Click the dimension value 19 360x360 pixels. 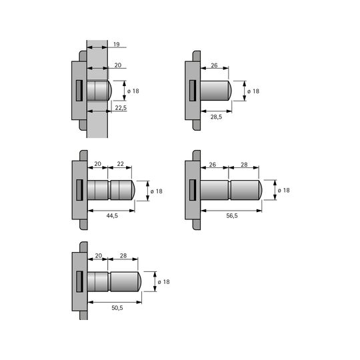click(x=117, y=44)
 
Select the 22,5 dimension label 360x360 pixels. click(x=121, y=108)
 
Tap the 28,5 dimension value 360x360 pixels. click(x=216, y=117)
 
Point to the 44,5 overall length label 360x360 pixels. click(x=112, y=215)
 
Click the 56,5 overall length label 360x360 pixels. click(x=232, y=215)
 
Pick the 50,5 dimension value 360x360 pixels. click(x=117, y=307)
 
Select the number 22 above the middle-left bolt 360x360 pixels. click(x=120, y=164)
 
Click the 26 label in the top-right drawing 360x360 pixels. click(x=214, y=65)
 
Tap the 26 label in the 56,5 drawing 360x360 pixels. click(x=213, y=165)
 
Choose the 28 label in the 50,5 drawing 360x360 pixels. click(x=123, y=255)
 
